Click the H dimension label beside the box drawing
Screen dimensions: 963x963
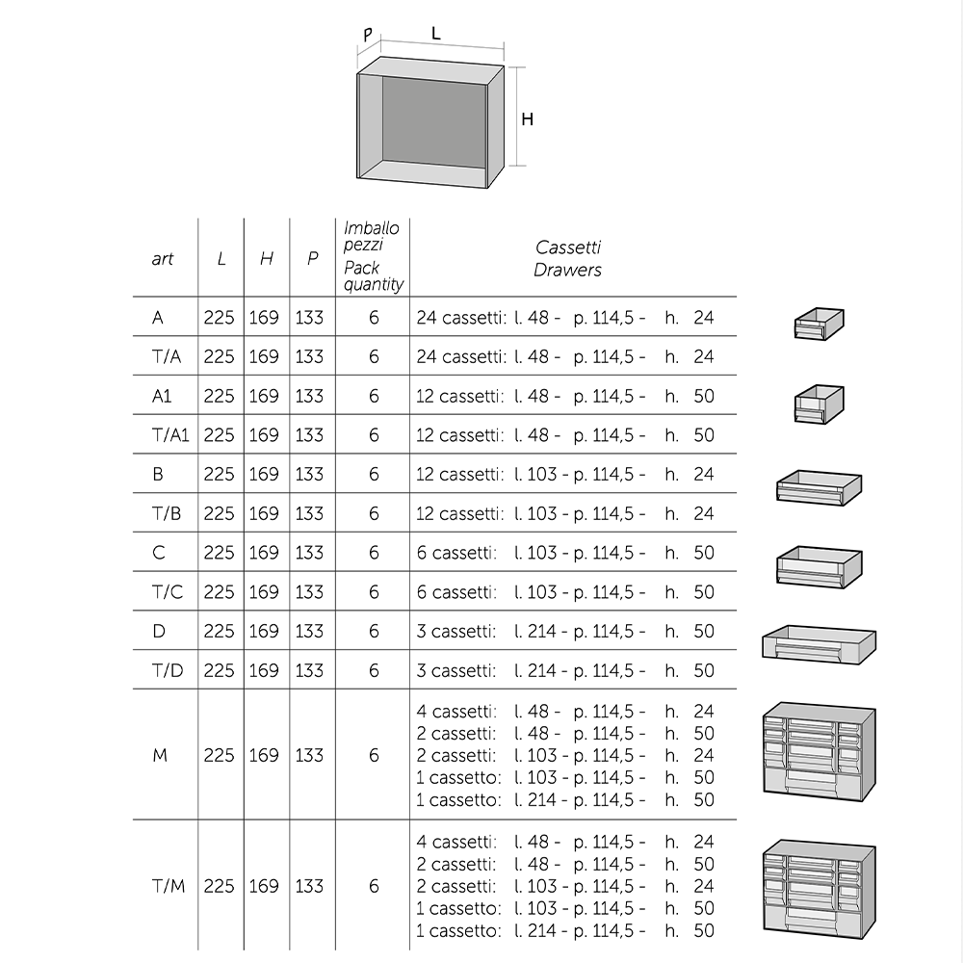point(527,119)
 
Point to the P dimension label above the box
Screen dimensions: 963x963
point(368,35)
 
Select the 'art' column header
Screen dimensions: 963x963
point(163,259)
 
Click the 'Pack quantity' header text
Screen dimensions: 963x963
point(374,276)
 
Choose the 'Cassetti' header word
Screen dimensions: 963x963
point(568,247)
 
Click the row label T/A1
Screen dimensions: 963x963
point(170,435)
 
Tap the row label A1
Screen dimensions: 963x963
point(162,396)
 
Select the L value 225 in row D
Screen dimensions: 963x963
point(220,631)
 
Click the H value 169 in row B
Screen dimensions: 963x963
point(264,474)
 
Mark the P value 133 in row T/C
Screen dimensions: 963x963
point(309,592)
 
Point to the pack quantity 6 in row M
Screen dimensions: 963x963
point(374,756)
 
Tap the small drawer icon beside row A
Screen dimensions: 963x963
point(819,325)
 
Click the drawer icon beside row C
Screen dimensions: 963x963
point(819,567)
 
